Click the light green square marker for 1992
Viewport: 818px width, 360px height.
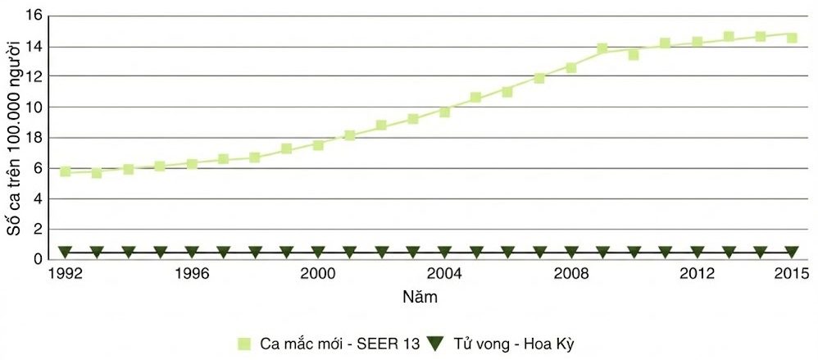point(66,171)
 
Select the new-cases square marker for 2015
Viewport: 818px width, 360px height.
point(792,38)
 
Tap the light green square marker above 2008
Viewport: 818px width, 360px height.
point(570,68)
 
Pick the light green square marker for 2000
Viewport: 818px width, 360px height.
point(318,145)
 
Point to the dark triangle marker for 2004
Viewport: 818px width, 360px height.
point(444,252)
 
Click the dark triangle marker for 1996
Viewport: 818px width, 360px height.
point(192,252)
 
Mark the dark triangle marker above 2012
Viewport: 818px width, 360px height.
point(697,252)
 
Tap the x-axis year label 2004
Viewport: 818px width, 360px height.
point(443,274)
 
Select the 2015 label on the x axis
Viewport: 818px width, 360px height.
point(793,274)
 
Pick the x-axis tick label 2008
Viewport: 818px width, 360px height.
point(570,274)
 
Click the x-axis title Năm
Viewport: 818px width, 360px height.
point(420,298)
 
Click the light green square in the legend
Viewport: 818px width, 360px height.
point(244,344)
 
